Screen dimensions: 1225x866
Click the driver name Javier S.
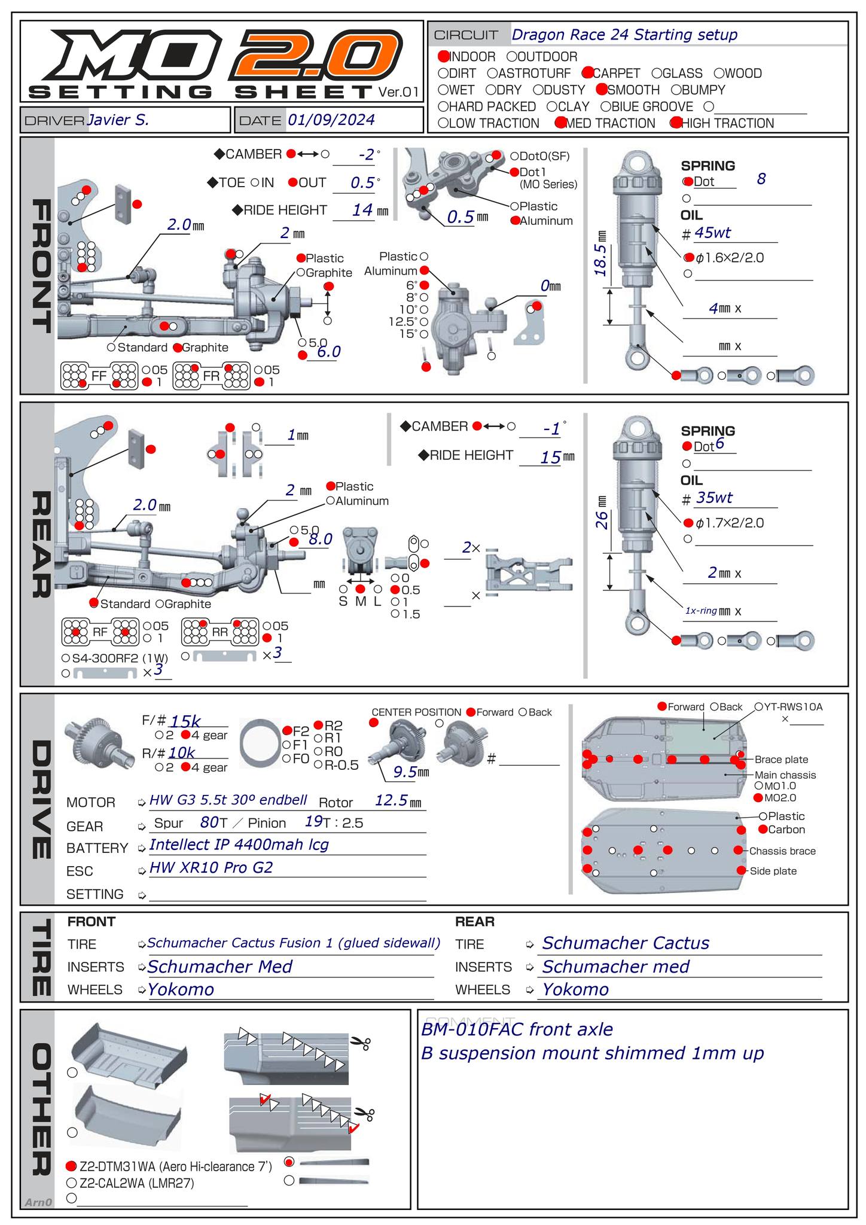coord(118,120)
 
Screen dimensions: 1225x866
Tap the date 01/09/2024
coord(331,120)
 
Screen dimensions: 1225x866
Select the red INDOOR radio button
coord(443,57)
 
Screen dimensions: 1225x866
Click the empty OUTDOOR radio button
coord(512,57)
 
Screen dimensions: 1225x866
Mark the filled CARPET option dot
coord(587,73)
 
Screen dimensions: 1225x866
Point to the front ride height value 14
coord(362,210)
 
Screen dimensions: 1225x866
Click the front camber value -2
coord(366,155)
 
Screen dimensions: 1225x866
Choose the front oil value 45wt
coord(713,233)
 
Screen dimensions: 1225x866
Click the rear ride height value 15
coord(550,458)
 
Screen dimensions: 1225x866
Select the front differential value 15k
coord(185,721)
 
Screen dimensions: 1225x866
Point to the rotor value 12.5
coord(391,800)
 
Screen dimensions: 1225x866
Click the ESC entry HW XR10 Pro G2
coord(211,867)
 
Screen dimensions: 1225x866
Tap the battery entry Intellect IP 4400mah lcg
coord(239,845)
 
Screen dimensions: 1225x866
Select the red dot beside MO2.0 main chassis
coord(758,797)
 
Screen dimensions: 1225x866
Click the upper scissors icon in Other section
coord(360,1043)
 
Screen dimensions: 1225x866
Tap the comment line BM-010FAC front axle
coord(517,1029)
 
